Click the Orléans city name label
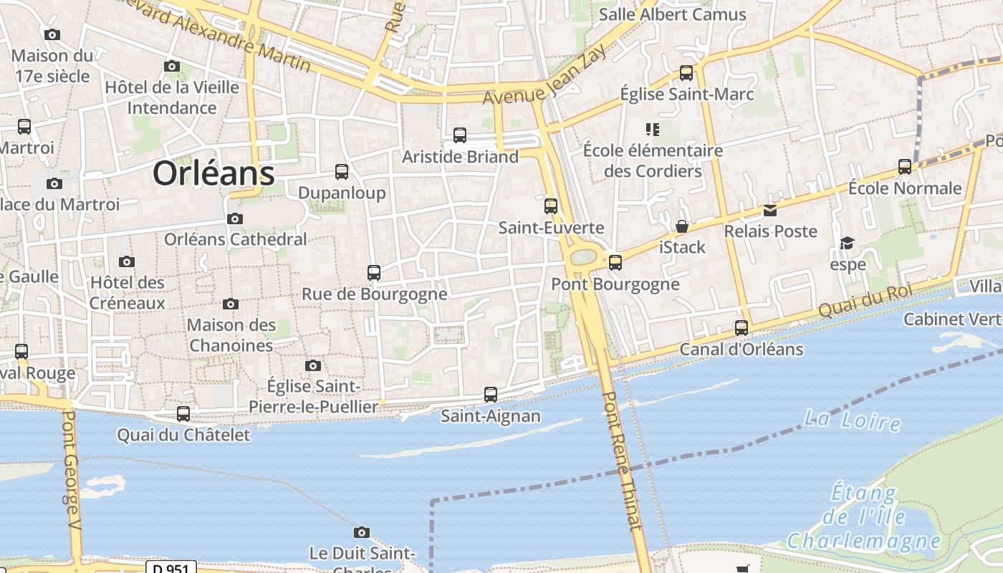click(x=213, y=173)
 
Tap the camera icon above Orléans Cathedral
click(x=234, y=218)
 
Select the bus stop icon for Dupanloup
click(x=342, y=172)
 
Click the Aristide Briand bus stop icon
click(x=460, y=135)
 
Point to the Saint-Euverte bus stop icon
click(x=550, y=206)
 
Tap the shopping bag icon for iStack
click(x=682, y=226)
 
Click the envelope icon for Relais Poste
click(x=770, y=210)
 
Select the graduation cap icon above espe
click(x=848, y=243)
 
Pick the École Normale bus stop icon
click(x=905, y=167)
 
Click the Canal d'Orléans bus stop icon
click(x=742, y=328)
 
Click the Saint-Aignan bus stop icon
click(x=491, y=394)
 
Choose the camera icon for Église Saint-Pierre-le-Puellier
click(x=312, y=365)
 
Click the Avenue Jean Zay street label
click(x=545, y=74)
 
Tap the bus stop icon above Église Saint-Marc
click(x=686, y=72)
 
